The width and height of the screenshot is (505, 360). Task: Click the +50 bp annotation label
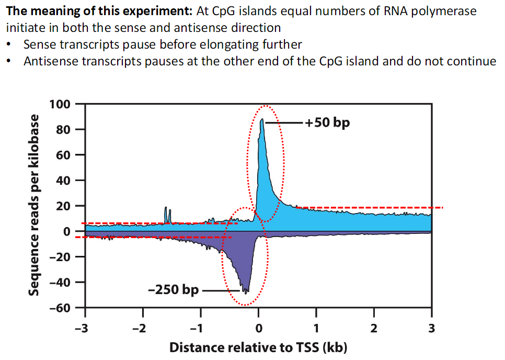click(328, 123)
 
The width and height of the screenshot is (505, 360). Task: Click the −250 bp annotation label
click(173, 289)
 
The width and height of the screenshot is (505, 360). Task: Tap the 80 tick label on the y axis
click(63, 129)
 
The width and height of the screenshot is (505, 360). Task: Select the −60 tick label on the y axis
click(61, 308)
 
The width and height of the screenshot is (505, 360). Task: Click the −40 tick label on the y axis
click(61, 283)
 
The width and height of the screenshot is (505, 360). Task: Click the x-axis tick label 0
click(258, 328)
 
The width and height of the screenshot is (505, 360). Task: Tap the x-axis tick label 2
click(374, 328)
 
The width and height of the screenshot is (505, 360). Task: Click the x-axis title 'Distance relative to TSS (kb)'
click(258, 347)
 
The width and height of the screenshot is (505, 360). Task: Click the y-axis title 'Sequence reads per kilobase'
click(34, 205)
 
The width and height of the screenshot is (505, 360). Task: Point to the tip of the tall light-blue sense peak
click(261, 120)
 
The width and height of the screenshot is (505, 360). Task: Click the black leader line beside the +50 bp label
click(284, 123)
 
